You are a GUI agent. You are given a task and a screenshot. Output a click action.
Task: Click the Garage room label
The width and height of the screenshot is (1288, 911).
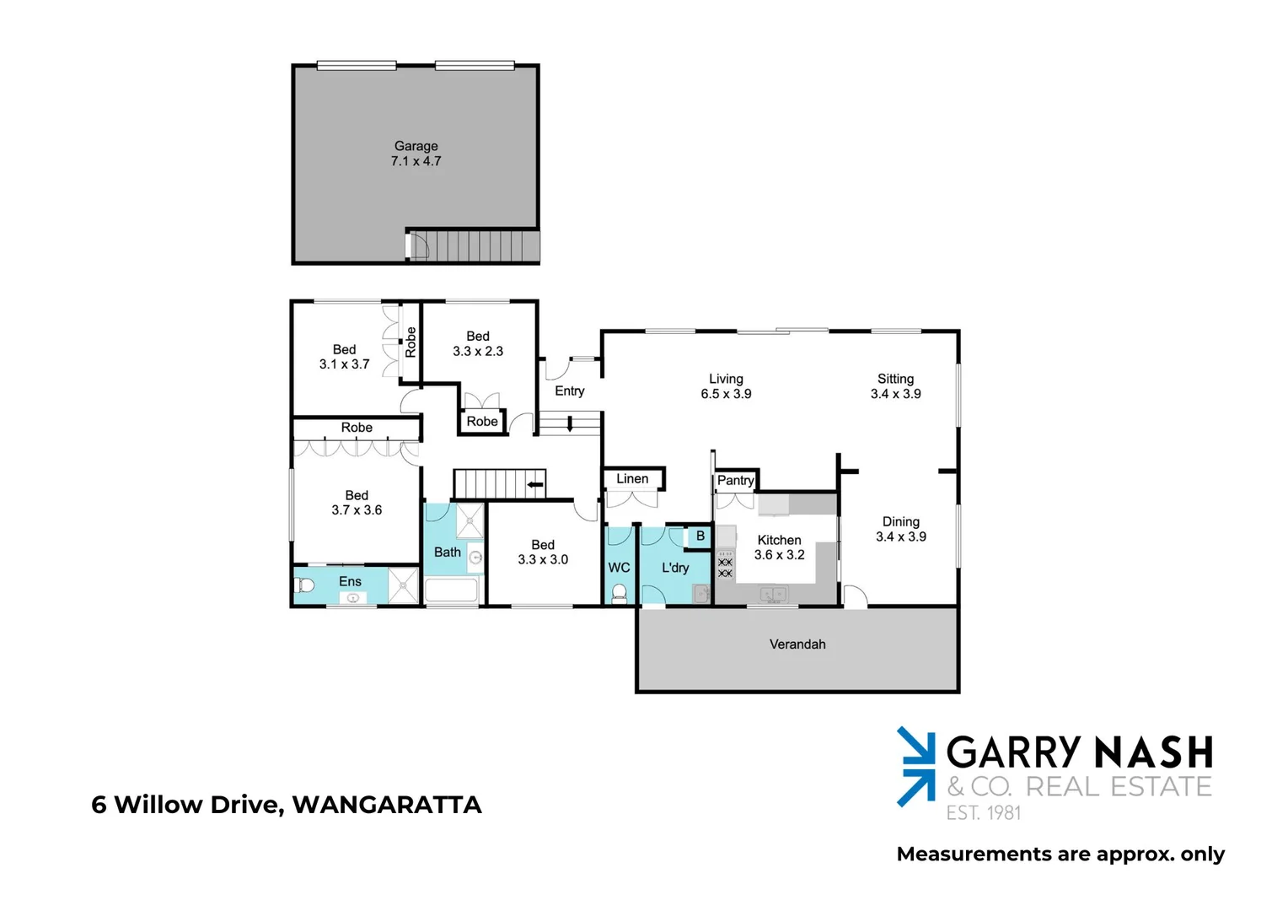[416, 146]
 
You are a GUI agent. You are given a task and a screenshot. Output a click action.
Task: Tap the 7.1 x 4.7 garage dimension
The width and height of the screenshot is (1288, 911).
[416, 161]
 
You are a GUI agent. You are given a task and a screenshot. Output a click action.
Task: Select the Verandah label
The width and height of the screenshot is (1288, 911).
[797, 644]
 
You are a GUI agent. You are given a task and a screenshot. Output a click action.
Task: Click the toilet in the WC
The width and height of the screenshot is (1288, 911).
[620, 591]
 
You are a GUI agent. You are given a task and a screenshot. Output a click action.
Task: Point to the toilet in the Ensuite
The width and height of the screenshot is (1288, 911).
[305, 585]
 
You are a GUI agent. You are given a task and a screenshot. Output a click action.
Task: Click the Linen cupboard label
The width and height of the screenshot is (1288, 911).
[632, 479]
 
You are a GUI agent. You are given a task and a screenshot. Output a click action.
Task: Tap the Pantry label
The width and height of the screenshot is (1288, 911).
[735, 481]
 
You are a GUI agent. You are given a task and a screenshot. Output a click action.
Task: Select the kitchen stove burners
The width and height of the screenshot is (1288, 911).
[725, 568]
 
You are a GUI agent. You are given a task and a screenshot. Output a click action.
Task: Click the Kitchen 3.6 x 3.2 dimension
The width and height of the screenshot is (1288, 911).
[779, 555]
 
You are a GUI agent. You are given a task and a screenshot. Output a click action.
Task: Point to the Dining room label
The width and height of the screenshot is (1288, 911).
[900, 522]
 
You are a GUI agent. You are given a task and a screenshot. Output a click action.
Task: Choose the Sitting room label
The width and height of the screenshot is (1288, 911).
[895, 380]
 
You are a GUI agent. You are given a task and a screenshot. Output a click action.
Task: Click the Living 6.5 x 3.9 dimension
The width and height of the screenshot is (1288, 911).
[726, 394]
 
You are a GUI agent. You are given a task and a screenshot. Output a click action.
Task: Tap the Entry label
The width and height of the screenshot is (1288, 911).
[570, 391]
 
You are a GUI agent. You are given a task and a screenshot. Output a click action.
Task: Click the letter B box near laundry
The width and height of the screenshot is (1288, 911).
[700, 536]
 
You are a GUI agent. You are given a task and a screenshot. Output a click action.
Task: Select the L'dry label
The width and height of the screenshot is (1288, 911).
[675, 568]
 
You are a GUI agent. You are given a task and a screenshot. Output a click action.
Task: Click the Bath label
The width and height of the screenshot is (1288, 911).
[448, 553]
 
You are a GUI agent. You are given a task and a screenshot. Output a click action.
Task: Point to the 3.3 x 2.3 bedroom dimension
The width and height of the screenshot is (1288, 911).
[478, 352]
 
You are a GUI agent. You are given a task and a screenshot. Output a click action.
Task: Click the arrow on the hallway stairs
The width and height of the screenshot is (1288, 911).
[534, 484]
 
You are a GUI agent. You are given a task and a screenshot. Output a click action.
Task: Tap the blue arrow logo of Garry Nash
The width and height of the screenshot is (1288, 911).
[915, 766]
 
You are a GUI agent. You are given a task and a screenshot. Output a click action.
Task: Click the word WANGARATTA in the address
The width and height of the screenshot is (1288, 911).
[387, 805]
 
